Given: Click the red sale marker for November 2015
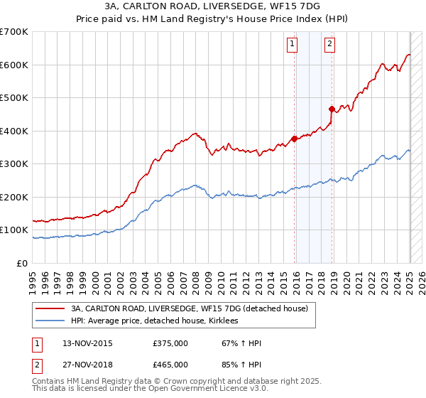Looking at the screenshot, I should click(294, 139).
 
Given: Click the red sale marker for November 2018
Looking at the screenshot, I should click(332, 109).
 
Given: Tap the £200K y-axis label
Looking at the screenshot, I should click(14, 197).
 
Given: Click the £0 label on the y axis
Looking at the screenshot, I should click(22, 263).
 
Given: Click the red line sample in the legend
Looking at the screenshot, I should click(50, 308).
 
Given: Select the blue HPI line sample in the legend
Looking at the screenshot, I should click(50, 321).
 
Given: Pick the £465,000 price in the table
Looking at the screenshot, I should click(170, 365).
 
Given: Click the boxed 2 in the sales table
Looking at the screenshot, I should click(35, 365).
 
